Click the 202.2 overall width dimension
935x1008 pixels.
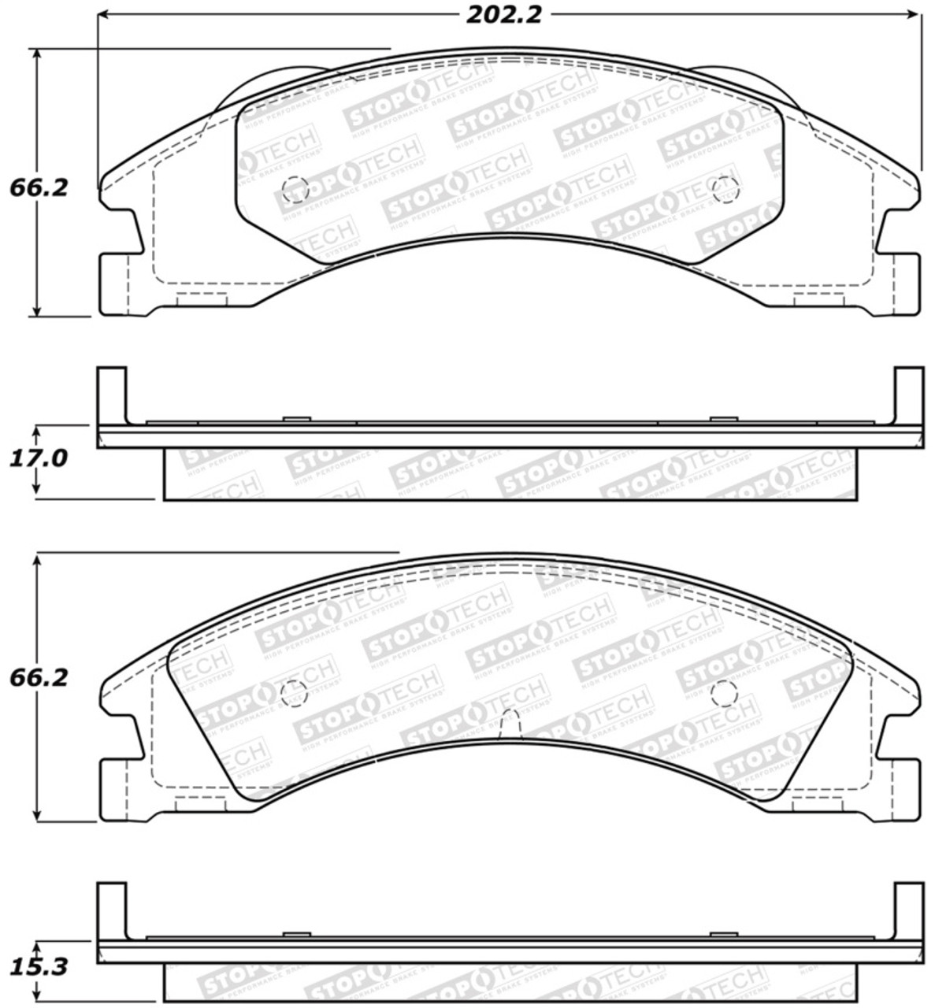(x=503, y=15)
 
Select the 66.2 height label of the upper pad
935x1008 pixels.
(x=38, y=187)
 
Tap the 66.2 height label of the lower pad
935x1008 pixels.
(x=38, y=677)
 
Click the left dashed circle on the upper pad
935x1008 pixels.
(x=295, y=188)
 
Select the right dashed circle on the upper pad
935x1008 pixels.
(x=724, y=188)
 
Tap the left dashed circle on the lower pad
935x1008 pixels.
(x=293, y=692)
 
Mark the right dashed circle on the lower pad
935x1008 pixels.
(x=722, y=692)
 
